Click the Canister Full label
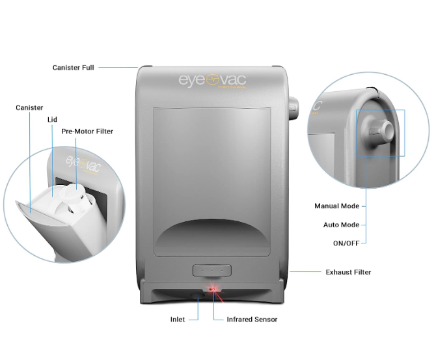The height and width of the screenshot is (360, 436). (73, 67)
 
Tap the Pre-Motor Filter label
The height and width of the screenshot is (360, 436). (87, 132)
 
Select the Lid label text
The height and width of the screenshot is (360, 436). (52, 120)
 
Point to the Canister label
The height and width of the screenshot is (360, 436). (29, 108)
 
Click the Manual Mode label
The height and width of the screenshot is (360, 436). (336, 206)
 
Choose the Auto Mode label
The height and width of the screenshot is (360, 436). (341, 225)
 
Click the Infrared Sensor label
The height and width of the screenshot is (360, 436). (252, 320)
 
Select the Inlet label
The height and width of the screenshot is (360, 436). (178, 320)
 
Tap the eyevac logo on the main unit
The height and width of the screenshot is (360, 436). (213, 80)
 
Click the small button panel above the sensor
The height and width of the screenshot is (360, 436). (212, 270)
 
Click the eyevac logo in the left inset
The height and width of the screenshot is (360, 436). (81, 163)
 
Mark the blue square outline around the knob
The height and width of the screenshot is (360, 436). (381, 133)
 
